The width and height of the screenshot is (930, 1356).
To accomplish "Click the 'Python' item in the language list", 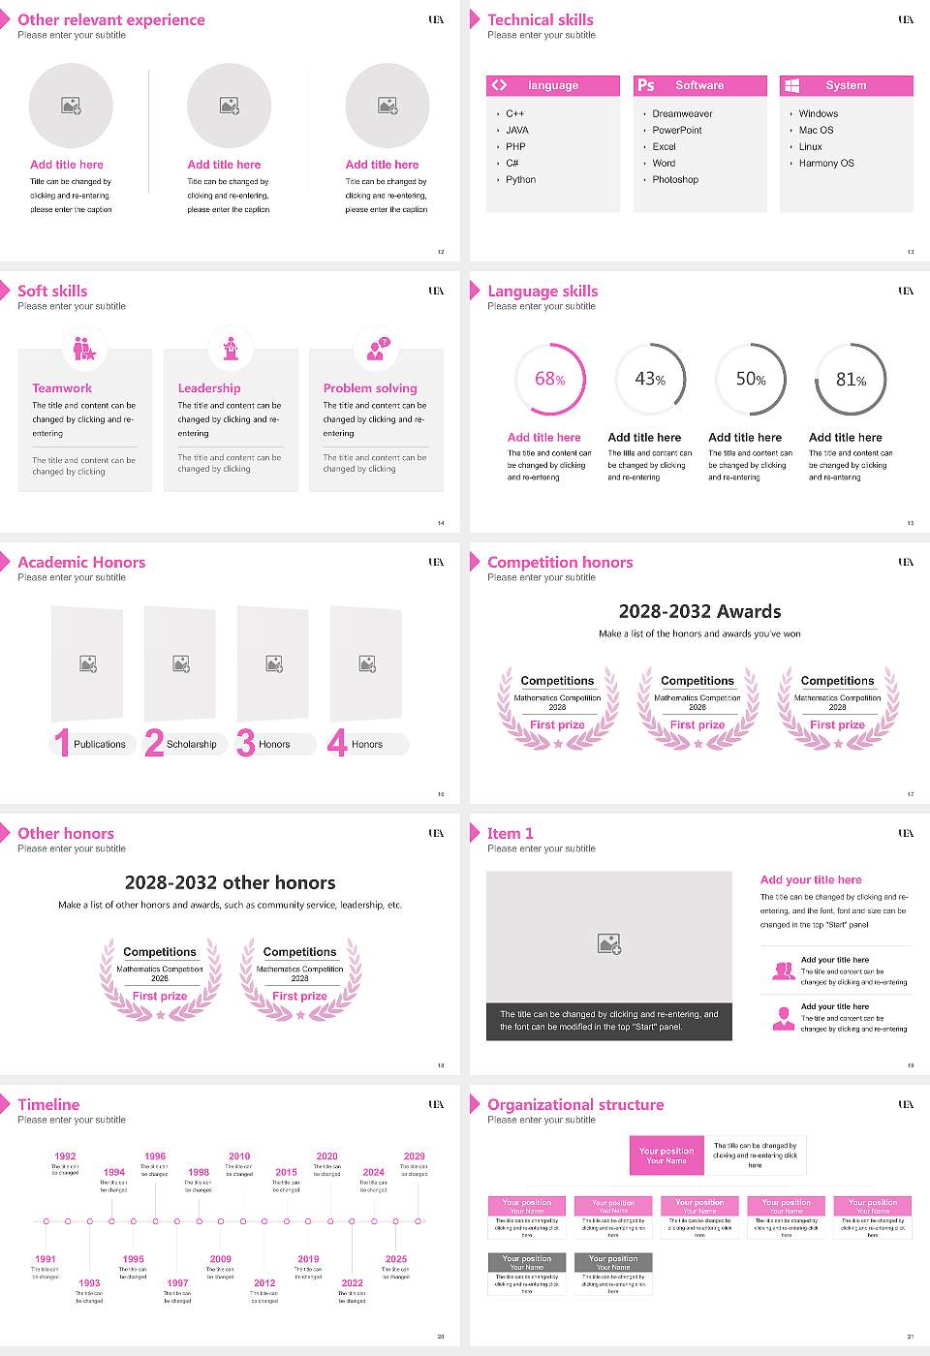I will coord(520,180).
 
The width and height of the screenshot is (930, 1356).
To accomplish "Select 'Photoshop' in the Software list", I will coord(675,180).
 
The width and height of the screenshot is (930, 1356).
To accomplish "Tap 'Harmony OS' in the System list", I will coord(826,164).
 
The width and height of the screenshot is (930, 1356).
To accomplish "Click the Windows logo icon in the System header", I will coord(791,85).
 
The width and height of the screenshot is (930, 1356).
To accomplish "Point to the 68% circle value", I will coord(549,380).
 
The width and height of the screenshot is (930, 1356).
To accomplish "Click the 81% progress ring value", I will coord(851,380).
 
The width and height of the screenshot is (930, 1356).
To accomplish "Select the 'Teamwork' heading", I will coord(62,388).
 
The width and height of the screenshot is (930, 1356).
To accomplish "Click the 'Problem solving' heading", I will coord(370,388).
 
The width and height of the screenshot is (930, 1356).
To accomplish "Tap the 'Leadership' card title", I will coord(209,388).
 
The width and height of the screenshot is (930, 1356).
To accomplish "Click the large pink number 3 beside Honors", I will coord(246,743).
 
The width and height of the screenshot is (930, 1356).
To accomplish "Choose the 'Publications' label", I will coord(100,745).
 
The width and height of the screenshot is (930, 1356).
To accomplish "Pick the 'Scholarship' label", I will coord(192,745).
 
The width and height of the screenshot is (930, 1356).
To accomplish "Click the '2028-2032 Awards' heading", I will coord(699,611).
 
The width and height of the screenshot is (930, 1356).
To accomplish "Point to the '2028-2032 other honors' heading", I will coord(231,882).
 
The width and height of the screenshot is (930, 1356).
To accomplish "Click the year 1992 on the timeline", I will coord(65,1156).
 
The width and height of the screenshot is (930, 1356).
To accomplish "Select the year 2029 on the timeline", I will coord(414,1156).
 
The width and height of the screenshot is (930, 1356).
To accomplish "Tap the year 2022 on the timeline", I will coord(352,1283).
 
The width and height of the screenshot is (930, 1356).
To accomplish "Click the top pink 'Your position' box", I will coord(666,1156).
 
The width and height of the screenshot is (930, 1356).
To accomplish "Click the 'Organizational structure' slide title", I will coord(575,1105).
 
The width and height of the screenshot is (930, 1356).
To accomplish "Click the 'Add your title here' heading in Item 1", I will coord(811,880).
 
